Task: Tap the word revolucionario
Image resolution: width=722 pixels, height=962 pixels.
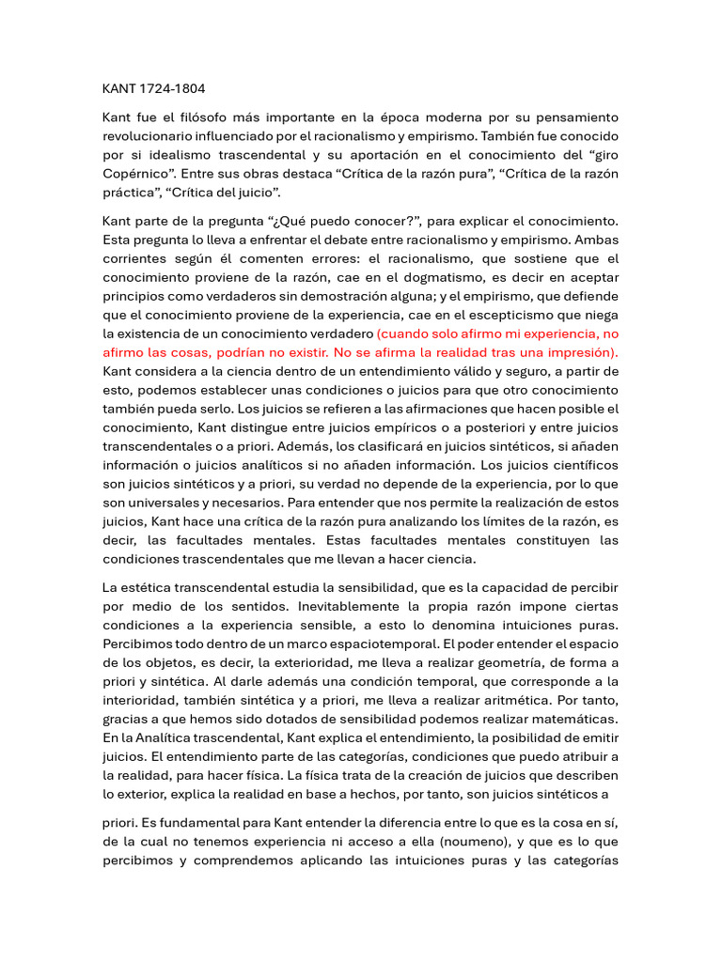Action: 150,136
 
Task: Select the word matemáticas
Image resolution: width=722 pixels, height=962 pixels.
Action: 573,719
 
